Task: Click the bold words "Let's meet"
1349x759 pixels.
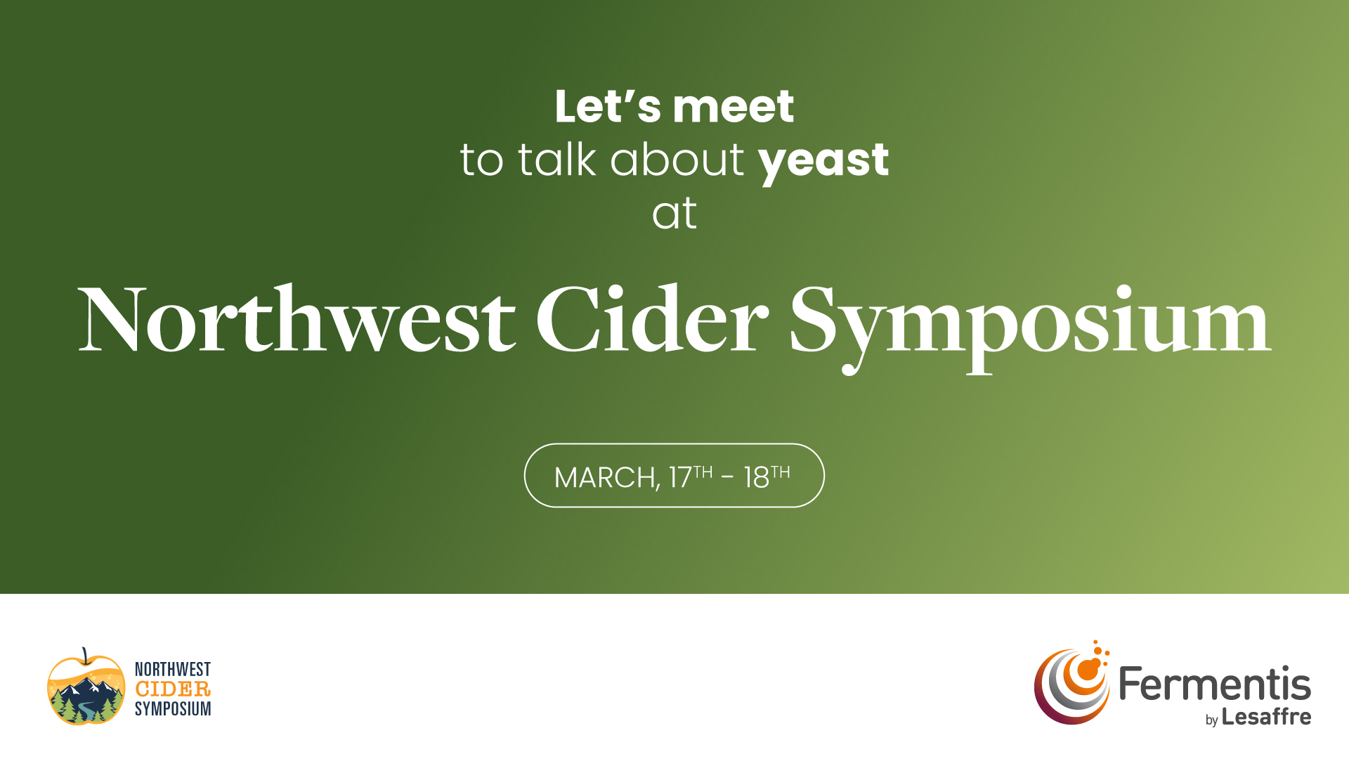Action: click(x=674, y=107)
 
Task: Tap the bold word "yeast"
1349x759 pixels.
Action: click(x=823, y=162)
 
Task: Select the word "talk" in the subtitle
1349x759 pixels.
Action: click(x=556, y=159)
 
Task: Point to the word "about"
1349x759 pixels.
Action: click(x=677, y=159)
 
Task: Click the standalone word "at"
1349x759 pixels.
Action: click(x=674, y=214)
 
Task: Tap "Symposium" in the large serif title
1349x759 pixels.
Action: click(x=1030, y=327)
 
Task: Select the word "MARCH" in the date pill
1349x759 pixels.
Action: click(x=606, y=478)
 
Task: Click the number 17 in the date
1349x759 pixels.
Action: click(x=680, y=478)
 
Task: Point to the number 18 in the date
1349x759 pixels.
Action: click(x=757, y=478)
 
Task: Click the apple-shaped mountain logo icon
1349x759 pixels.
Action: click(x=86, y=688)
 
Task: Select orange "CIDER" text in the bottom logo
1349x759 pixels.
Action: click(x=173, y=689)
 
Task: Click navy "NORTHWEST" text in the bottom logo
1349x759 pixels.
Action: click(x=173, y=669)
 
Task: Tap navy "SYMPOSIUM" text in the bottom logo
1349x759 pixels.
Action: click(x=173, y=709)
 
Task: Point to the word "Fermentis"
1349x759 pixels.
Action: click(x=1215, y=684)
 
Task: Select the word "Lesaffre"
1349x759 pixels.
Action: click(x=1266, y=717)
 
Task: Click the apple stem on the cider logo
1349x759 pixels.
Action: click(x=85, y=656)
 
